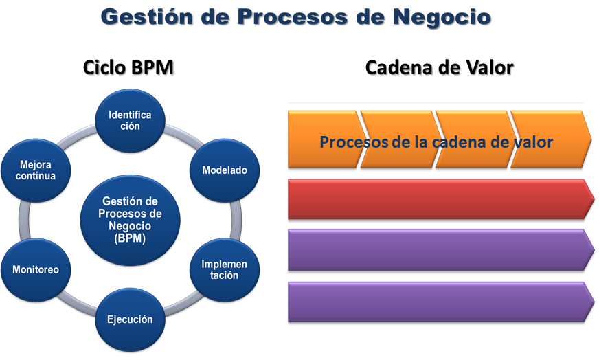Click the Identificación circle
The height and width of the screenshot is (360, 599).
(x=130, y=121)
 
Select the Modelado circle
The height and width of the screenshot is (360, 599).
(x=225, y=170)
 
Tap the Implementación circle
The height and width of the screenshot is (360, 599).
(x=225, y=270)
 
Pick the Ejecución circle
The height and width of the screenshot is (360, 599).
(x=130, y=319)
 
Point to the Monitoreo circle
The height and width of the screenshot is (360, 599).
(x=36, y=270)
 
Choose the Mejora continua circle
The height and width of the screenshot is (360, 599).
(x=36, y=170)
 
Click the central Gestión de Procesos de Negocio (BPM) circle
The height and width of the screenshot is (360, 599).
(x=130, y=220)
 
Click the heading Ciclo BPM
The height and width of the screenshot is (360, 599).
(x=128, y=67)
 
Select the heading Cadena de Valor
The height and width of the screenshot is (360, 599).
(x=440, y=67)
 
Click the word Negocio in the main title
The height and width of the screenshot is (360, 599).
(x=442, y=18)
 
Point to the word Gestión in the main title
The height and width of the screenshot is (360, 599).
(x=147, y=16)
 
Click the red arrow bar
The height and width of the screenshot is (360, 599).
(x=441, y=199)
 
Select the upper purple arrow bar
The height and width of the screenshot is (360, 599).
(x=441, y=250)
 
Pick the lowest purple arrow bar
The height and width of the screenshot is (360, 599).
(x=441, y=302)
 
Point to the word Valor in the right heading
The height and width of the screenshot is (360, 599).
(x=489, y=67)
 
